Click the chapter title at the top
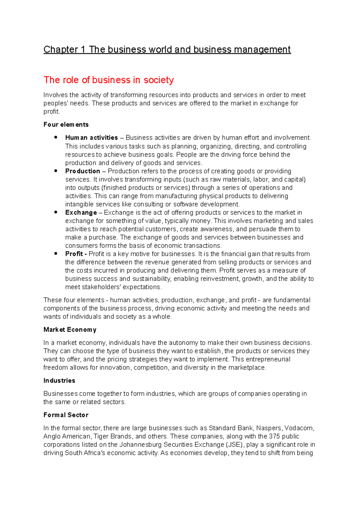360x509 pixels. coord(167,50)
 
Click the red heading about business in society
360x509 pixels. coord(109,80)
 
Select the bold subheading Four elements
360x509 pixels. coord(66,125)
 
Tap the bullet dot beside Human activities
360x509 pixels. coord(56,137)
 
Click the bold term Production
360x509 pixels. coord(82,171)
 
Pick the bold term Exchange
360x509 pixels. coord(81,212)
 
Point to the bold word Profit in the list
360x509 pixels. coord(74,254)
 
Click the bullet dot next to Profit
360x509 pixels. coord(56,254)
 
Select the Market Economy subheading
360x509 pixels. coord(70,330)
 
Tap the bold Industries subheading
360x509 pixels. coord(59,381)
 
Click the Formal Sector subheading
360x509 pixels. coord(66,415)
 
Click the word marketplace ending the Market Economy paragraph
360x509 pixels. coord(247,368)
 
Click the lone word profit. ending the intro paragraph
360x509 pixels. coord(52,112)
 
